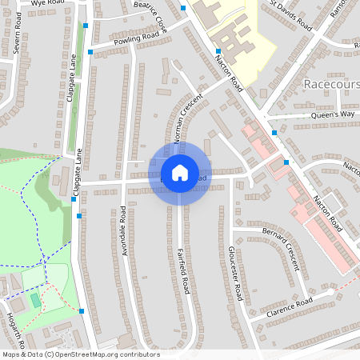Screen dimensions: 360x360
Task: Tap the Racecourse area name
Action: [x=331, y=84]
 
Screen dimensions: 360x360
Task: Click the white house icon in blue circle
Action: [x=179, y=173]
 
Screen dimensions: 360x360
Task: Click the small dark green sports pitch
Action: [x=35, y=300]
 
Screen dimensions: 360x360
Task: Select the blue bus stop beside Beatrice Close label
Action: [x=182, y=8]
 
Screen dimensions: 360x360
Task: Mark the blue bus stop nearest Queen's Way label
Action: [x=274, y=132]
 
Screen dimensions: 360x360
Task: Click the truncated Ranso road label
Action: [x=338, y=10]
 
